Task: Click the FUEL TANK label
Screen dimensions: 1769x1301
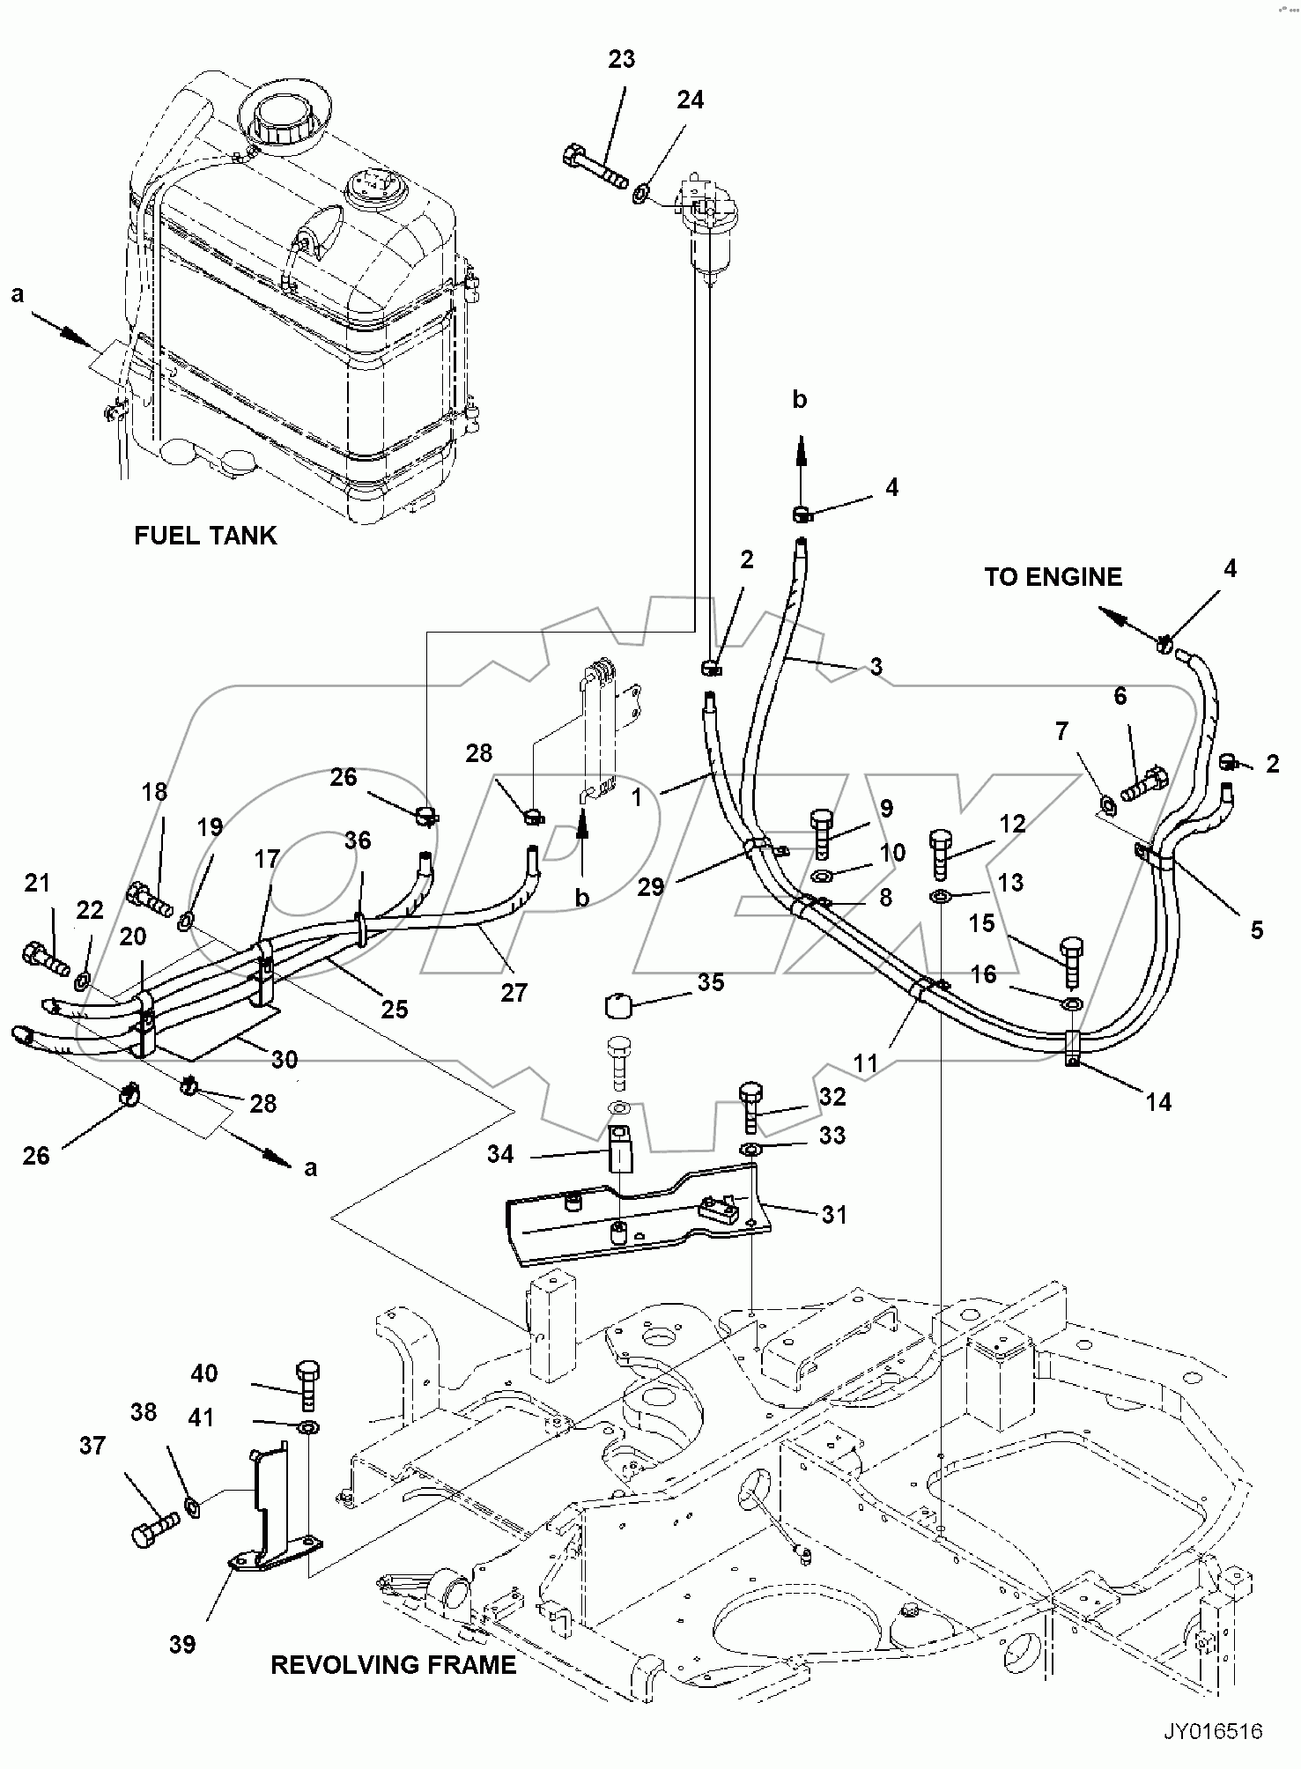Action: [204, 536]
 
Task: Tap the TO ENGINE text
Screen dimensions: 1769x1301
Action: [1053, 577]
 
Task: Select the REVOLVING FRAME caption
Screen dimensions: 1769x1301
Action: [393, 1664]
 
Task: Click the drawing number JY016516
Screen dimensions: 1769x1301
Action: [1213, 1732]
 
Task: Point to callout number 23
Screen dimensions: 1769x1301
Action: [622, 60]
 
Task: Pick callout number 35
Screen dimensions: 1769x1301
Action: [710, 982]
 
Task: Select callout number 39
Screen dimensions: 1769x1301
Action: [182, 1644]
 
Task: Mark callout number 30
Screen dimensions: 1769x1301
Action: [284, 1059]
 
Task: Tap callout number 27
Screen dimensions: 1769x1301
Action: [514, 992]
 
